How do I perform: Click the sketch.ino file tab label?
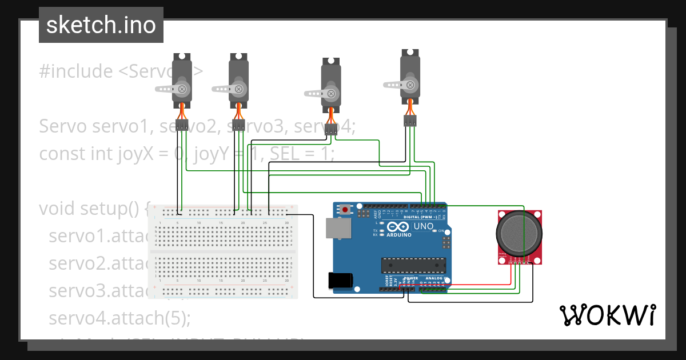pyautogui.click(x=101, y=25)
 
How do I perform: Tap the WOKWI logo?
pyautogui.click(x=607, y=315)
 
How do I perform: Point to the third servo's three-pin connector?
pyautogui.click(x=330, y=130)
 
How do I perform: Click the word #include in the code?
pyautogui.click(x=76, y=72)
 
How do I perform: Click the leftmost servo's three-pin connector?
pyautogui.click(x=182, y=126)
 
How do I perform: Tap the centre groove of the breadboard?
pyautogui.click(x=223, y=251)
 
